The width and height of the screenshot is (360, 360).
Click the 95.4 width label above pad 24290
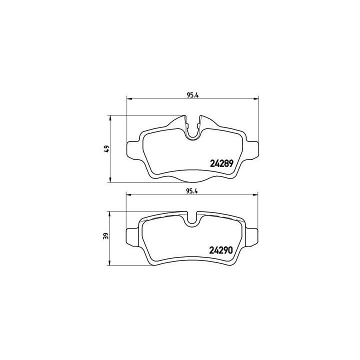point(192,190)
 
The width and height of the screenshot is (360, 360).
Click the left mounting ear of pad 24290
point(133,235)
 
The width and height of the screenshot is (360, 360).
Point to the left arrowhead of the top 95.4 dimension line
point(128,98)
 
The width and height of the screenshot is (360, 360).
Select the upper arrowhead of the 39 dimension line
point(110,213)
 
